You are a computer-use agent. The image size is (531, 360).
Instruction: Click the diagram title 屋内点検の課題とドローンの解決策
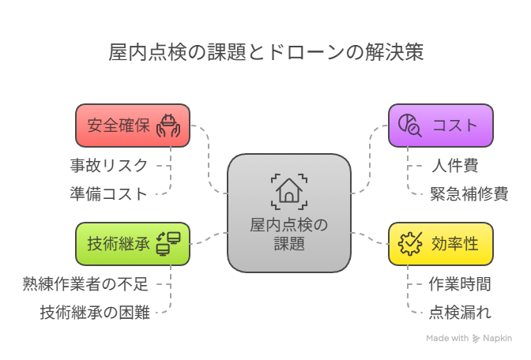tap(265, 53)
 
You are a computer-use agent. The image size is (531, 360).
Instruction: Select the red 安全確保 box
tap(133, 126)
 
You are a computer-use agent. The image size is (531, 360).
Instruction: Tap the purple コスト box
tap(441, 126)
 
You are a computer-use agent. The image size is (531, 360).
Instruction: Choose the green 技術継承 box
tap(133, 243)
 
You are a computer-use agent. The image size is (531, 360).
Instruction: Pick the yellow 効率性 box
tap(441, 243)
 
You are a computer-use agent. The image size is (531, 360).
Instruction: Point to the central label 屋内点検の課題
tap(288, 234)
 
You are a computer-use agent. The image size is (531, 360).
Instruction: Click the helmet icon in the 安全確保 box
tap(169, 126)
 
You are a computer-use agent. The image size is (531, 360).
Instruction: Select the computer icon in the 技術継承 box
tap(168, 243)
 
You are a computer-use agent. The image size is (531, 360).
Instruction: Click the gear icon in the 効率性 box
tap(410, 243)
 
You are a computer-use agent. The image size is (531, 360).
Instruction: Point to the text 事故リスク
tap(109, 166)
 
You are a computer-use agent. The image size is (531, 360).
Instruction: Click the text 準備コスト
tap(109, 193)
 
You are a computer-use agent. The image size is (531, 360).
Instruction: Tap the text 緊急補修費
tap(469, 193)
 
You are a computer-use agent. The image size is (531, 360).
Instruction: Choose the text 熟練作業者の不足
tap(85, 284)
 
